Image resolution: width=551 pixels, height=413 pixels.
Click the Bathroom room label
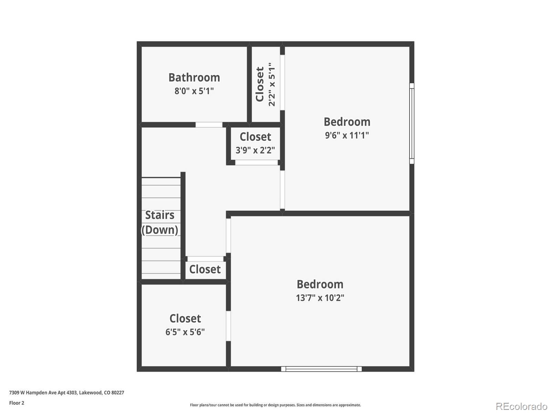(194, 77)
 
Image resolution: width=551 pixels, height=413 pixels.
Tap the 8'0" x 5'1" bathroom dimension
(194, 91)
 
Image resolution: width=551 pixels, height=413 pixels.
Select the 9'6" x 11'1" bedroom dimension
(347, 135)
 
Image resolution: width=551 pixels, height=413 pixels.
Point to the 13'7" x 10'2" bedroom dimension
(320, 298)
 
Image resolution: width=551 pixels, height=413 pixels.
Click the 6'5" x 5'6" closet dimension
(185, 332)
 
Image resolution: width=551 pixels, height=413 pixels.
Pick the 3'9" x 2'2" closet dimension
(255, 150)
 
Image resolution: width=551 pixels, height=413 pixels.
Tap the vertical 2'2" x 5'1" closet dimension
(272, 84)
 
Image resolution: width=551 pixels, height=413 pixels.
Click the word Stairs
(159, 215)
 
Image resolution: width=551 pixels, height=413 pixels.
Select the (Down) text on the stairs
(160, 230)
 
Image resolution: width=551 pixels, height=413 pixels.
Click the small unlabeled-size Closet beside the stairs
(205, 269)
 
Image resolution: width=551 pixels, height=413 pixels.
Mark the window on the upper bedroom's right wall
(412, 123)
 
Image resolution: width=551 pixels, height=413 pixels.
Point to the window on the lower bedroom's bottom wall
(321, 369)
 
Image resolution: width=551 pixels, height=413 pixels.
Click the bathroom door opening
(209, 125)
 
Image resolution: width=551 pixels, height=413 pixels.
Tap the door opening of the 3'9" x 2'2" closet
(257, 162)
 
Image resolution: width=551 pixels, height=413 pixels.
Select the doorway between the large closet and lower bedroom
(228, 326)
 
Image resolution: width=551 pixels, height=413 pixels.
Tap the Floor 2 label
(17, 403)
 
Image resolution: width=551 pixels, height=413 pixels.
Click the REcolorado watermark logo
(521, 406)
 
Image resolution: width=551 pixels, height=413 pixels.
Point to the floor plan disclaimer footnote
(275, 405)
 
